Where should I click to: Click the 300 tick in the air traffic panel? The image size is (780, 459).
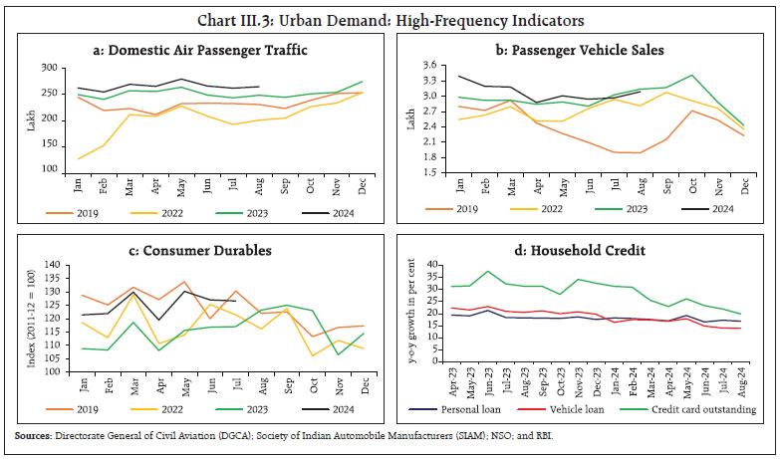pos(46,68)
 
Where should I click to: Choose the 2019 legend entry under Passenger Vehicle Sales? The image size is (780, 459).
pos(464,208)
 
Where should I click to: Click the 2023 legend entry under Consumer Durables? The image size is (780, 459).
pos(274,408)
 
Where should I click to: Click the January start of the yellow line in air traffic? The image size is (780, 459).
pos(78,158)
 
